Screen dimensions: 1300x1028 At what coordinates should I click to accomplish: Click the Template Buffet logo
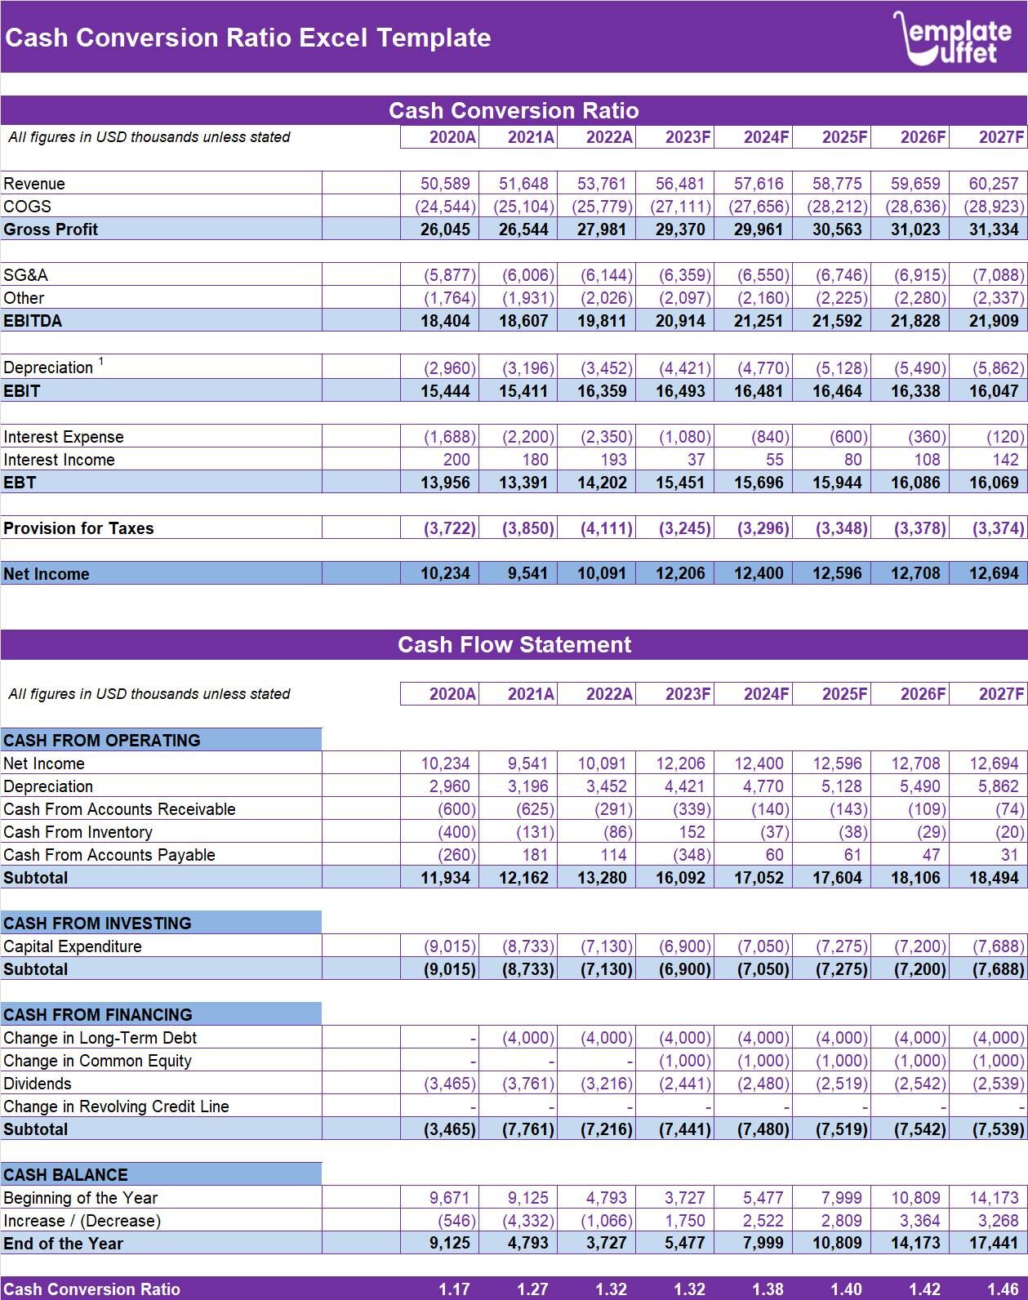(x=953, y=38)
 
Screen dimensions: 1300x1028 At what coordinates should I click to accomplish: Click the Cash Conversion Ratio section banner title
(x=514, y=110)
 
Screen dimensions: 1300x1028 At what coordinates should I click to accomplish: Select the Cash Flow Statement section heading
(x=514, y=644)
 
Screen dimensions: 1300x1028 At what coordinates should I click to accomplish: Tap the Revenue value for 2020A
(x=445, y=184)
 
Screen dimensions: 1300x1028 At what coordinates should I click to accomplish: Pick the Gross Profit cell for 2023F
(x=679, y=229)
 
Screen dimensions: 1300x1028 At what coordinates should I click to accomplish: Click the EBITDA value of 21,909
(x=993, y=321)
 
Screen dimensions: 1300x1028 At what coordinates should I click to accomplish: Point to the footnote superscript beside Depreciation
(x=101, y=360)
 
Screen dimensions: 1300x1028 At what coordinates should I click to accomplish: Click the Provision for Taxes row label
(x=78, y=528)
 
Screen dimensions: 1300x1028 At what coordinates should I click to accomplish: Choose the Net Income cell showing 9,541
(x=527, y=574)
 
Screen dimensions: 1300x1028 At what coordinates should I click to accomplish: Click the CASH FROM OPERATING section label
(x=102, y=741)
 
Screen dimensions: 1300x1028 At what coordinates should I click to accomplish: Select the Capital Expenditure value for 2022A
(x=606, y=946)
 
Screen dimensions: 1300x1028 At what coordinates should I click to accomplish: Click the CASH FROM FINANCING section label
(x=98, y=1015)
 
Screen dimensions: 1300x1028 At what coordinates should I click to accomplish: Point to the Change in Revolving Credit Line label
(x=116, y=1106)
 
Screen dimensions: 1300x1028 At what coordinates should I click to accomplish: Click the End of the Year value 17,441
(x=993, y=1244)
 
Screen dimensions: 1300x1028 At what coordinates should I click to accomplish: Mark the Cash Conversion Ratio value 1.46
(x=1003, y=1289)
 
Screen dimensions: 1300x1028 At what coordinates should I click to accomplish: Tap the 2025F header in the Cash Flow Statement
(x=843, y=694)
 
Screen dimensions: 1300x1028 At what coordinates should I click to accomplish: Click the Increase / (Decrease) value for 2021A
(x=527, y=1221)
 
